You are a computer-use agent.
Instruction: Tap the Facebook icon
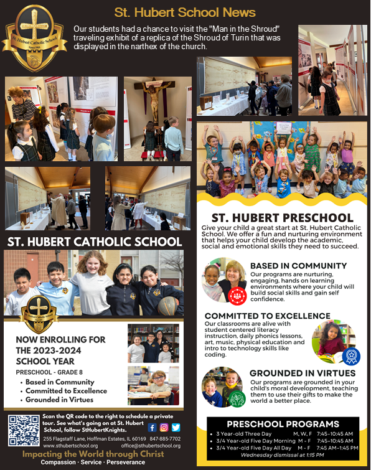(152, 428)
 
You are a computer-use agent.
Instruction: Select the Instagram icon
(164, 428)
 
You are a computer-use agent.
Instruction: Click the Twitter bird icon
(176, 428)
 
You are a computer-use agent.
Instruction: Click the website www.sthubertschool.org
(74, 446)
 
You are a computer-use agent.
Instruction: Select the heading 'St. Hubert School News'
(185, 12)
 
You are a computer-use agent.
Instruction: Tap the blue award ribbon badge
(350, 356)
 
